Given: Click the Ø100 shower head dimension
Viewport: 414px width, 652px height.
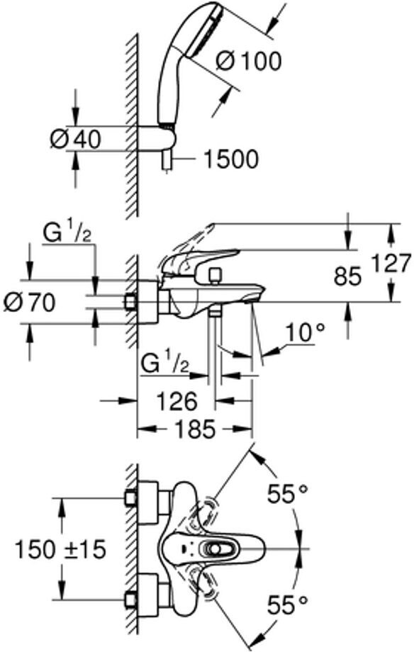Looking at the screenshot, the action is [x=249, y=62].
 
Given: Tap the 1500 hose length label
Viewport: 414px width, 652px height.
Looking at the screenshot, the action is [x=230, y=159].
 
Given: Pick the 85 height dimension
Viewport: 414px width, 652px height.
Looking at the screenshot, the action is [x=348, y=276].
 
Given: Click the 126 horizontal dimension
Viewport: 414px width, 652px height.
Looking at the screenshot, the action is [x=177, y=401].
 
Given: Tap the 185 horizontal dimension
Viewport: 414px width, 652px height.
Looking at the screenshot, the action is [x=195, y=429].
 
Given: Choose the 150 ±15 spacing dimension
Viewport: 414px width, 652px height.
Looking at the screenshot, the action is [x=61, y=549].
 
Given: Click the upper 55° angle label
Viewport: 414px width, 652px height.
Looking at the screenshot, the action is [x=288, y=493].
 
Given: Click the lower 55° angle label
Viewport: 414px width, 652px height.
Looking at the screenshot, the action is [x=288, y=605].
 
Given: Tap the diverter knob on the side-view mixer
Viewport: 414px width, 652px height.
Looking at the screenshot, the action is [x=215, y=275].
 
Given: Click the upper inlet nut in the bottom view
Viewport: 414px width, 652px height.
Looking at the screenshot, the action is [x=131, y=498].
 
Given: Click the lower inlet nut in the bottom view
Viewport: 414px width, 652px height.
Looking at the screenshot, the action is [x=131, y=600].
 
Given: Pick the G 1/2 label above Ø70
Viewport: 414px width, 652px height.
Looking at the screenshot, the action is [x=67, y=234].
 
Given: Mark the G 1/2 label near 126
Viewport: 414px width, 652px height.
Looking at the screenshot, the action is [x=164, y=364].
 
